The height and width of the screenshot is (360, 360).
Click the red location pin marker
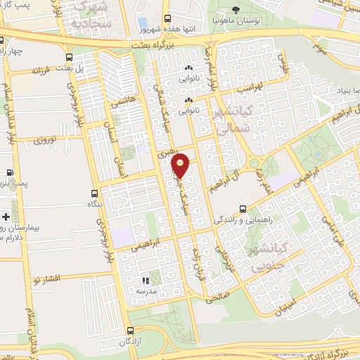tap(181, 165)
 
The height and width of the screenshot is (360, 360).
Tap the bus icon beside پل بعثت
tap(68, 58)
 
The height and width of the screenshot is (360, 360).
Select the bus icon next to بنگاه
tap(95, 193)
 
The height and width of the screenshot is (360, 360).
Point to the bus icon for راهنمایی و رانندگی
tap(243, 209)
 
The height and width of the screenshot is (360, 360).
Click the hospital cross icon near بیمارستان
tap(6, 216)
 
